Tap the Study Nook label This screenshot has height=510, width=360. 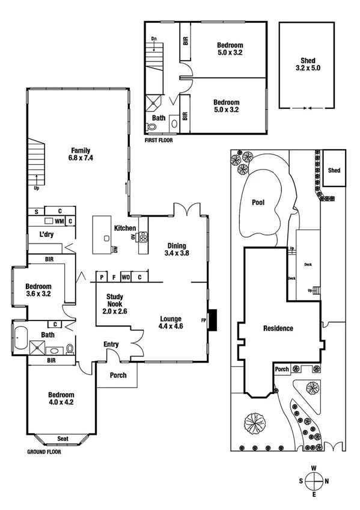point(115,296)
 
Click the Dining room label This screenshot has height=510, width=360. point(177,245)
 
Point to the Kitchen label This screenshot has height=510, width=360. point(125,228)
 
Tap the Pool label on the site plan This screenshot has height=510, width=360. point(258,203)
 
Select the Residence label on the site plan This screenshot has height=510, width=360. point(278,328)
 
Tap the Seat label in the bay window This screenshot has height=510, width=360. point(63,438)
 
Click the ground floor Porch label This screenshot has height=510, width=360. point(118,375)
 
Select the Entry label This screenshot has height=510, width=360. point(111,344)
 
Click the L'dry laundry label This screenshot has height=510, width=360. point(47,235)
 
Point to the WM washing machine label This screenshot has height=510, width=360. point(59,221)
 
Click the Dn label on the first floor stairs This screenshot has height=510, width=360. point(154,40)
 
